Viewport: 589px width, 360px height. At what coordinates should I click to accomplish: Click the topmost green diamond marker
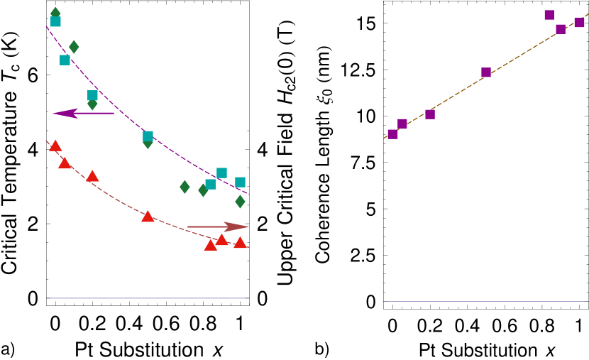pos(55,12)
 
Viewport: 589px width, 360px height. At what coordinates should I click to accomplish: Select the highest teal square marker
pos(55,22)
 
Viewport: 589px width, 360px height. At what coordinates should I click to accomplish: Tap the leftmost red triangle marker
pos(55,146)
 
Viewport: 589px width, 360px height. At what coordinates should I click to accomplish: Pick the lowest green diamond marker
pos(240,202)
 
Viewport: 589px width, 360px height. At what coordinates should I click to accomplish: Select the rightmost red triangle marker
pos(240,243)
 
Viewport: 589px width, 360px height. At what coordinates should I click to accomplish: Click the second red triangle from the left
pos(65,163)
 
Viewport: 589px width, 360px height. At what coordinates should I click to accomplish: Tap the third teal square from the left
pos(92,95)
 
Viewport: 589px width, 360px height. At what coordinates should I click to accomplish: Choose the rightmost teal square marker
pos(240,182)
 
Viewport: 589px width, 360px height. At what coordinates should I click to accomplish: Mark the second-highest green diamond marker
pos(74,47)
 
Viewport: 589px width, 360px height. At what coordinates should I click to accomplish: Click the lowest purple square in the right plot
pos(392,134)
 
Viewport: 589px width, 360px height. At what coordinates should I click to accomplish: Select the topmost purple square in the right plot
pos(549,15)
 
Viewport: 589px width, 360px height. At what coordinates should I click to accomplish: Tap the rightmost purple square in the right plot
pos(579,23)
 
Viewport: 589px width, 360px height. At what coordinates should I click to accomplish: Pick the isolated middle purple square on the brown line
pos(486,72)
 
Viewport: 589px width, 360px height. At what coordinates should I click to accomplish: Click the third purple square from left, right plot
pos(430,114)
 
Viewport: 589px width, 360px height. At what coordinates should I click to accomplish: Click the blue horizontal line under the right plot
pos(485,302)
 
